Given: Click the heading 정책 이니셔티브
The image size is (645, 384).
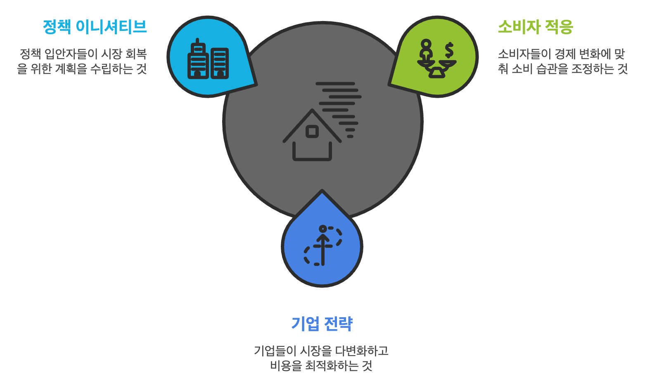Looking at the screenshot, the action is (x=95, y=27).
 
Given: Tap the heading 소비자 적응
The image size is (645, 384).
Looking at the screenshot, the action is (x=535, y=27).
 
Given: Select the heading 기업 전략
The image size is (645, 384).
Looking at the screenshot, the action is (x=322, y=324).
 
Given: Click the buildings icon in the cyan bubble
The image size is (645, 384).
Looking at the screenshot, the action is (x=208, y=60).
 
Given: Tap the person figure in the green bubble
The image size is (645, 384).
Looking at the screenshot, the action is (x=426, y=50).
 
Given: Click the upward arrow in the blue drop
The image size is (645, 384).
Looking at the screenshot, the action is (x=323, y=247).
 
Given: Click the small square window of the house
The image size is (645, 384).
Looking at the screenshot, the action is (x=312, y=132).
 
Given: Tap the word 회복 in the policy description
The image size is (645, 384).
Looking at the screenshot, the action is (x=136, y=54).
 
